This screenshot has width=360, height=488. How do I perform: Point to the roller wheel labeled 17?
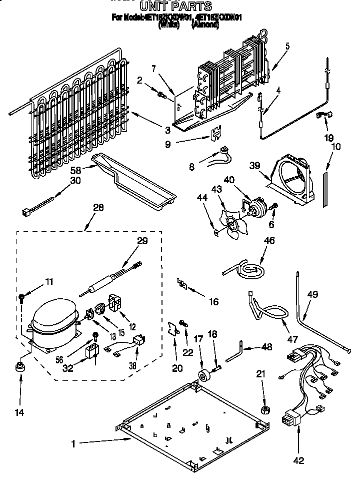(203, 376)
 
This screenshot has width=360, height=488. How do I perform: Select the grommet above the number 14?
(20, 367)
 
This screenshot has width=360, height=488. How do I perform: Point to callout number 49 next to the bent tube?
(312, 295)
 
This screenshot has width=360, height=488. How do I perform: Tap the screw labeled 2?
(161, 94)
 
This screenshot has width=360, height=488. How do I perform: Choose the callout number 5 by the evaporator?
(287, 46)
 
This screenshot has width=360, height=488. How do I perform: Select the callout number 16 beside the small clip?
(213, 302)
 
